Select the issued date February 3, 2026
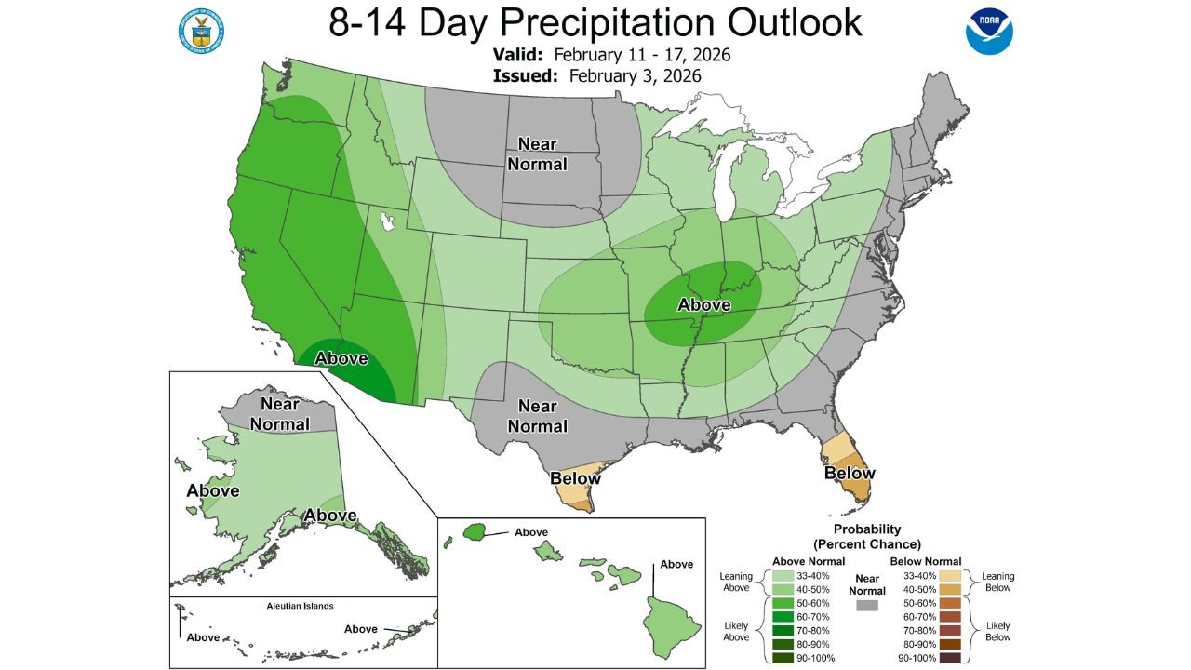(635, 75)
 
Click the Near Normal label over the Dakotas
(539, 154)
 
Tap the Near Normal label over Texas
(537, 416)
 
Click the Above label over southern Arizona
(341, 358)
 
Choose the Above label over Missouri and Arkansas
(703, 304)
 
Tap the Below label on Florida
(850, 473)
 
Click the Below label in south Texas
(575, 478)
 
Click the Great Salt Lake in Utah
(387, 221)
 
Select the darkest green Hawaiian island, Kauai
(476, 532)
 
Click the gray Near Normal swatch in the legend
(867, 606)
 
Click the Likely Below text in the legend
(998, 630)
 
